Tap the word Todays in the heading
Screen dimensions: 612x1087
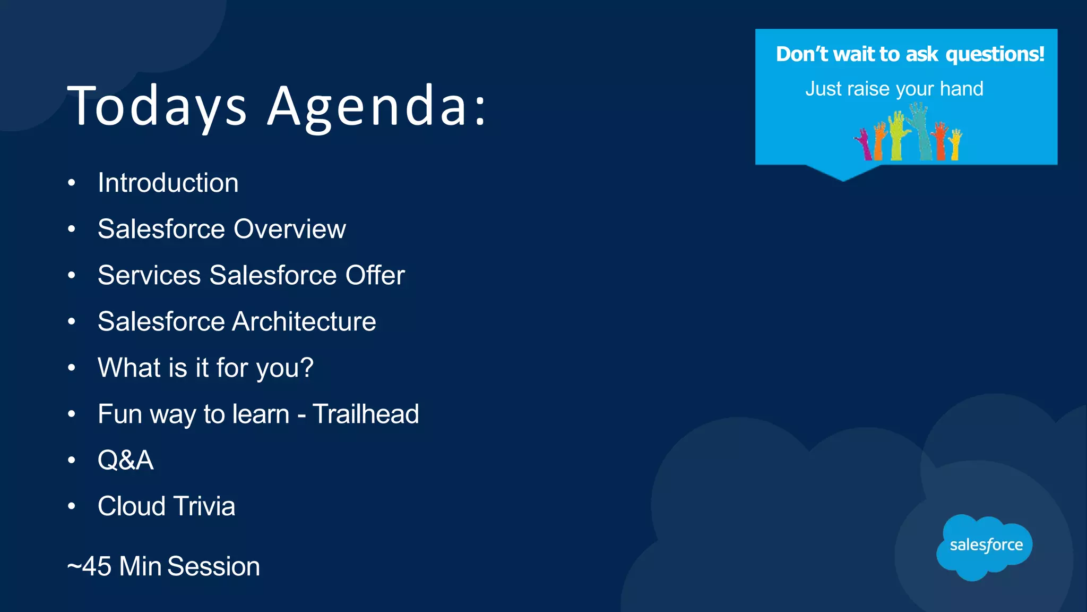[157, 106]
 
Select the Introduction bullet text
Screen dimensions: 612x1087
[168, 183]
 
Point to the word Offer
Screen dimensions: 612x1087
[375, 276]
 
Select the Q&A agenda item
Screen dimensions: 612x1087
[125, 460]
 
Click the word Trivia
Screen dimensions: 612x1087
[204, 506]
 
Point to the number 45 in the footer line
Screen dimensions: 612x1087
[97, 566]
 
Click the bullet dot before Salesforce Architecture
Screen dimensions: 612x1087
[72, 321]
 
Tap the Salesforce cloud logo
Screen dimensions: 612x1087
[985, 546]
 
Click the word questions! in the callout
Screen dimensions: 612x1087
[995, 54]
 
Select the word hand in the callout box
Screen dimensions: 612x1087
[961, 89]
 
